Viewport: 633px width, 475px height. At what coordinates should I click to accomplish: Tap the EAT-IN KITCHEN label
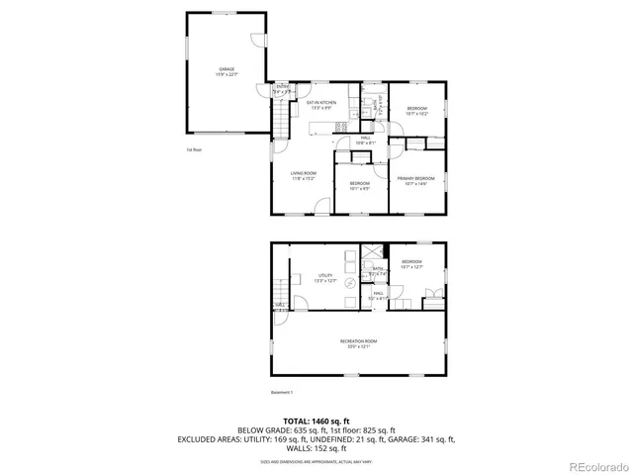(321, 103)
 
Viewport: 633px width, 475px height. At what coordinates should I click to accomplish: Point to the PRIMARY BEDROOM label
(416, 179)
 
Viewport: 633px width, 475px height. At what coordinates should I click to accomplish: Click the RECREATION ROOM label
(358, 342)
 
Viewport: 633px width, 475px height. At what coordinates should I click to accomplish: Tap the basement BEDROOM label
(411, 265)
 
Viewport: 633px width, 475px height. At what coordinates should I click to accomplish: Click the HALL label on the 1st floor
(365, 142)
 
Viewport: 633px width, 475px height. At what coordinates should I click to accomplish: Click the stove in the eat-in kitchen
(342, 127)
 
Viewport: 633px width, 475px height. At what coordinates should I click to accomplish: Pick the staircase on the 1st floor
(282, 122)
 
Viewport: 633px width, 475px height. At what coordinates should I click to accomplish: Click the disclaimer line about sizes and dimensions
(316, 461)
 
